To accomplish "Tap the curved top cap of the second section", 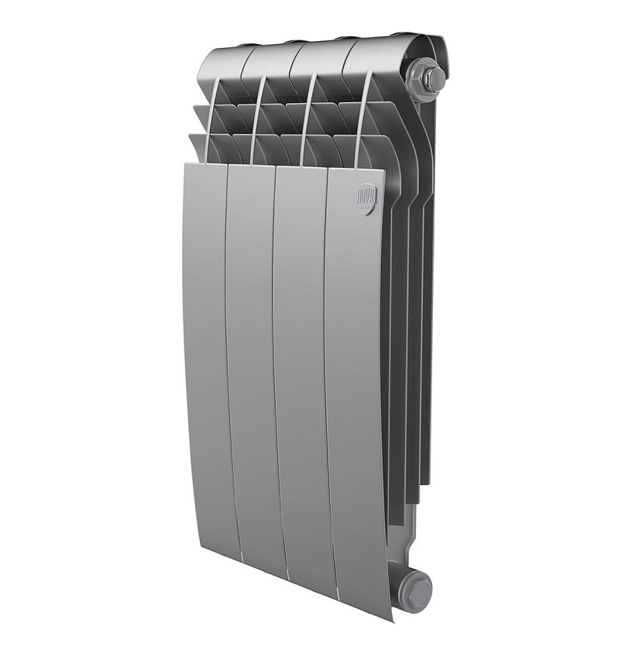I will (x=268, y=58).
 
